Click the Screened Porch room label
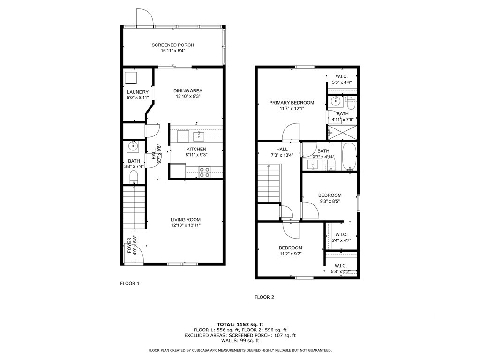point(172,45)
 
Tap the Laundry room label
point(138,92)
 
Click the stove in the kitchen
point(205,172)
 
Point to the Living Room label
point(186,219)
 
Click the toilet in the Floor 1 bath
point(134,177)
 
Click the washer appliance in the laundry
point(131,77)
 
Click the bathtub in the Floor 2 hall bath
point(349,157)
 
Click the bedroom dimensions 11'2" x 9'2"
point(291,254)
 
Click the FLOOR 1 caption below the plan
point(130,283)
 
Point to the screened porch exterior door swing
point(144,17)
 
